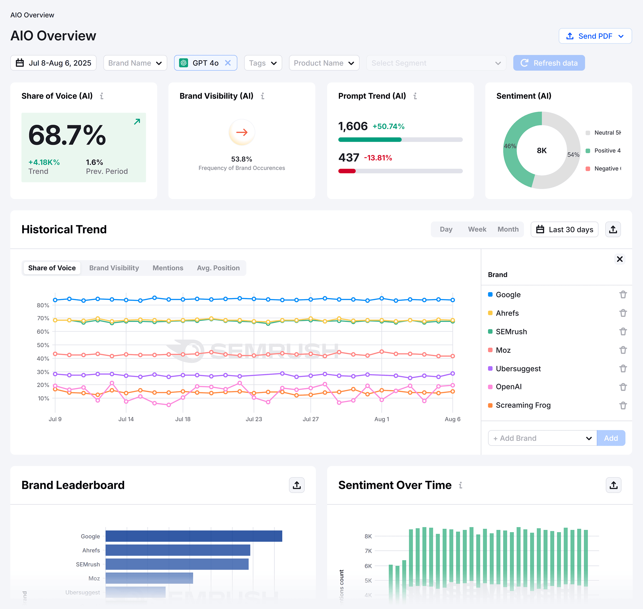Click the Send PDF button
pos(595,36)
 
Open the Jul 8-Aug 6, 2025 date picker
pos(53,63)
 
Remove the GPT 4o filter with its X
pos(228,63)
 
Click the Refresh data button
pos(549,63)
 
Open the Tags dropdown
pos(263,63)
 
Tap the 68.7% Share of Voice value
pos(67,135)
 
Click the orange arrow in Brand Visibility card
pos(242,132)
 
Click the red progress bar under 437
pos(347,171)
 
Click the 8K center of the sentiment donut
pos(541,150)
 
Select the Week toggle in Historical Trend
pos(477,229)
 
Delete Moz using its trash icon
pos(622,350)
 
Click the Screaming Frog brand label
pos(523,405)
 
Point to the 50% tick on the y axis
pos(43,345)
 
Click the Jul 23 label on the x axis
pos(254,419)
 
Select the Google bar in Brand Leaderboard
pos(194,536)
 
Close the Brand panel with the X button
pos(619,259)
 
